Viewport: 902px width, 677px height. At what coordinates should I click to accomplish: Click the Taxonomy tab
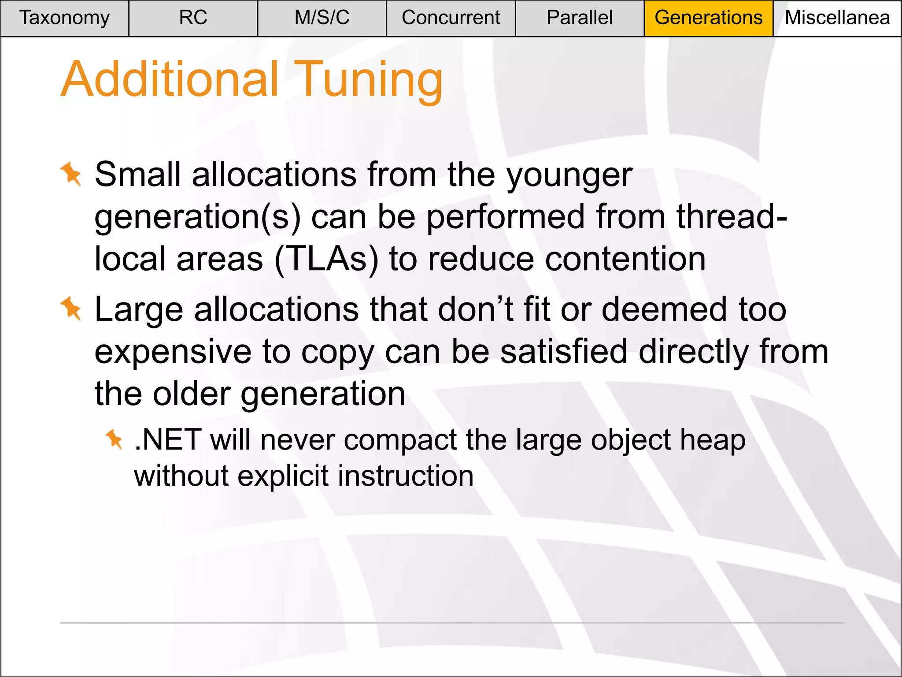pyautogui.click(x=64, y=18)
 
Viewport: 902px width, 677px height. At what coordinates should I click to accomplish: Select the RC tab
pyautogui.click(x=193, y=18)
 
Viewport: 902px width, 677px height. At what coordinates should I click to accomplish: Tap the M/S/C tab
pyautogui.click(x=322, y=18)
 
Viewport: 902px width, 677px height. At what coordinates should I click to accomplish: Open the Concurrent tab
pyautogui.click(x=451, y=18)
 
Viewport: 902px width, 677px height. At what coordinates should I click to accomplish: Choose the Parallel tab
pyautogui.click(x=580, y=18)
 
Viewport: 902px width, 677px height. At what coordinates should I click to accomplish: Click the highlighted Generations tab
pyautogui.click(x=708, y=18)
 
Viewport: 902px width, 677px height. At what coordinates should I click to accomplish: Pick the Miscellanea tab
pyautogui.click(x=837, y=18)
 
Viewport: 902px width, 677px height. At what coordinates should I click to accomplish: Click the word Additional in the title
pyautogui.click(x=170, y=79)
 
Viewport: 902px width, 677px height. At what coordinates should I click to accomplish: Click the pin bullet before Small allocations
pyautogui.click(x=71, y=174)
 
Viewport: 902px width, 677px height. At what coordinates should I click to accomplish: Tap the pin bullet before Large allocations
pyautogui.click(x=71, y=309)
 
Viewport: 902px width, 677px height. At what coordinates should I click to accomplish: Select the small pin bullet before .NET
pyautogui.click(x=114, y=439)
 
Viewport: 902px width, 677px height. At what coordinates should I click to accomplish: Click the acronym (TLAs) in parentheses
pyautogui.click(x=326, y=259)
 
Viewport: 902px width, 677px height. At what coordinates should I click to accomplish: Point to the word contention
pyautogui.click(x=625, y=259)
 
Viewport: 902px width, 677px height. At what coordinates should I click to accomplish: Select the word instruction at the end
pyautogui.click(x=406, y=476)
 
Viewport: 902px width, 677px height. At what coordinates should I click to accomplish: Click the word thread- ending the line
pyautogui.click(x=732, y=217)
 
